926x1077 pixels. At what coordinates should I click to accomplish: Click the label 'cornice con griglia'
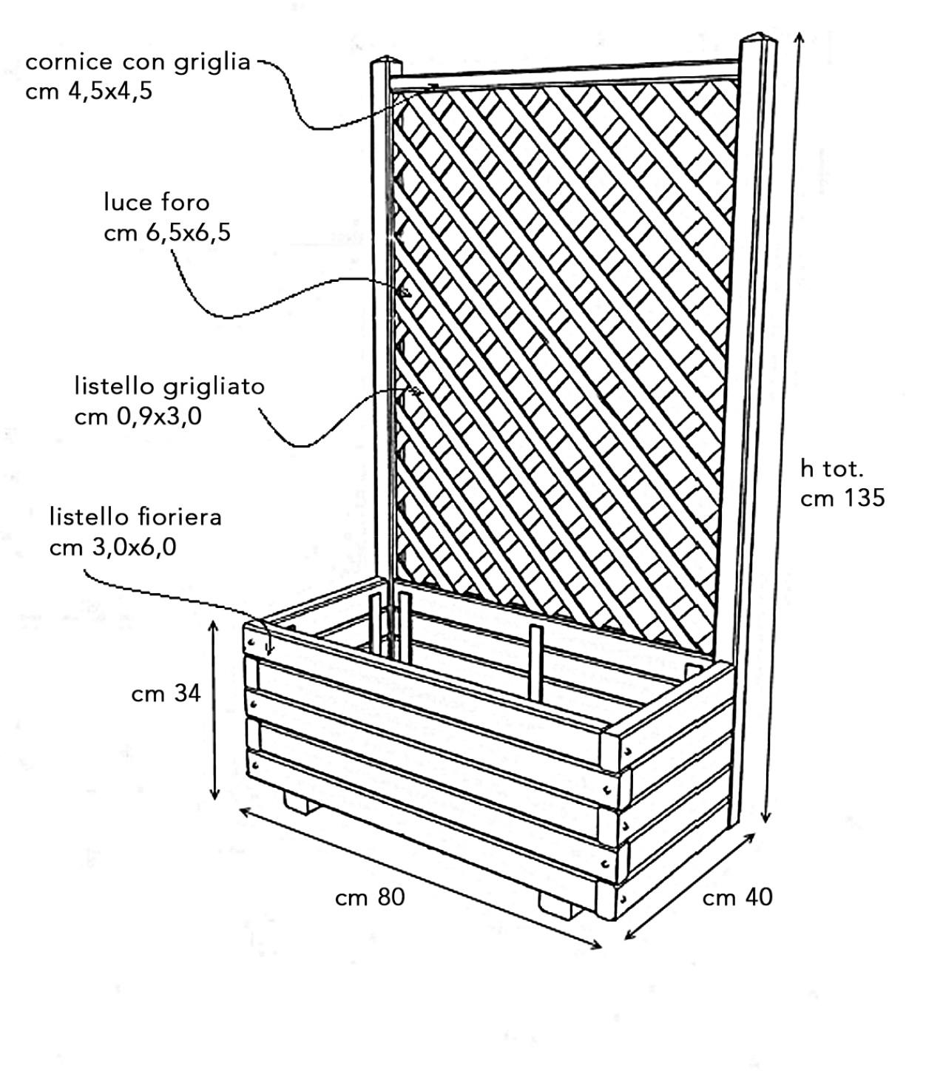click(x=138, y=62)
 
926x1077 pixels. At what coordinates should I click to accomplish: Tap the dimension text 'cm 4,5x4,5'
click(x=89, y=92)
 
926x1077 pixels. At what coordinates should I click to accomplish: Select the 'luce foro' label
click(x=157, y=202)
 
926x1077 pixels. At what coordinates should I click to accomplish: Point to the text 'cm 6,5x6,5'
click(x=167, y=233)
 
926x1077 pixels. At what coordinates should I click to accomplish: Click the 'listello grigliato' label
click(x=169, y=386)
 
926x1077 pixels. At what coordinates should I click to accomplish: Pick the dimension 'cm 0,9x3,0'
click(x=138, y=417)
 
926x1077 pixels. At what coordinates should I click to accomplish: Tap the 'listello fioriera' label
click(x=135, y=516)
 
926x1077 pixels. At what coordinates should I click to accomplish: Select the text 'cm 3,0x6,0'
click(x=113, y=547)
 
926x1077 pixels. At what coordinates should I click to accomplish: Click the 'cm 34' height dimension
click(x=166, y=694)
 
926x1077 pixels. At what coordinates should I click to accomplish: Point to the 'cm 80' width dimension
click(x=370, y=897)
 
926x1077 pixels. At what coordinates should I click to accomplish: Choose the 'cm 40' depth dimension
click(x=737, y=897)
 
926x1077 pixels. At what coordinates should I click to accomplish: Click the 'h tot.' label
click(x=832, y=468)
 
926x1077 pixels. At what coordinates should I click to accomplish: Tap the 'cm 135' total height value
click(x=842, y=498)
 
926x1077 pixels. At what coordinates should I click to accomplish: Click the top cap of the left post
click(x=384, y=61)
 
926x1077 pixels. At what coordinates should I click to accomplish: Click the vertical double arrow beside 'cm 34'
click(x=214, y=710)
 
